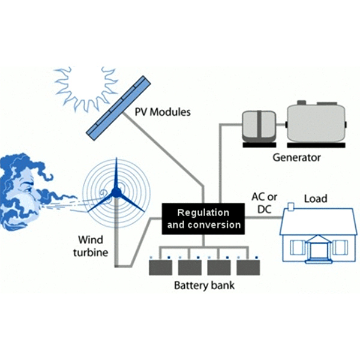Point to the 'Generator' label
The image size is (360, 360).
[296, 158]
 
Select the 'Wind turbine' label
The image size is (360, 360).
[94, 246]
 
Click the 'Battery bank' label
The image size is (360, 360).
[204, 286]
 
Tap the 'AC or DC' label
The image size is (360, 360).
[264, 203]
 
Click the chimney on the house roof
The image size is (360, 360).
[291, 207]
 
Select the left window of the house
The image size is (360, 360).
[296, 247]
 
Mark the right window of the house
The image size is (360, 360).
[340, 247]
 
